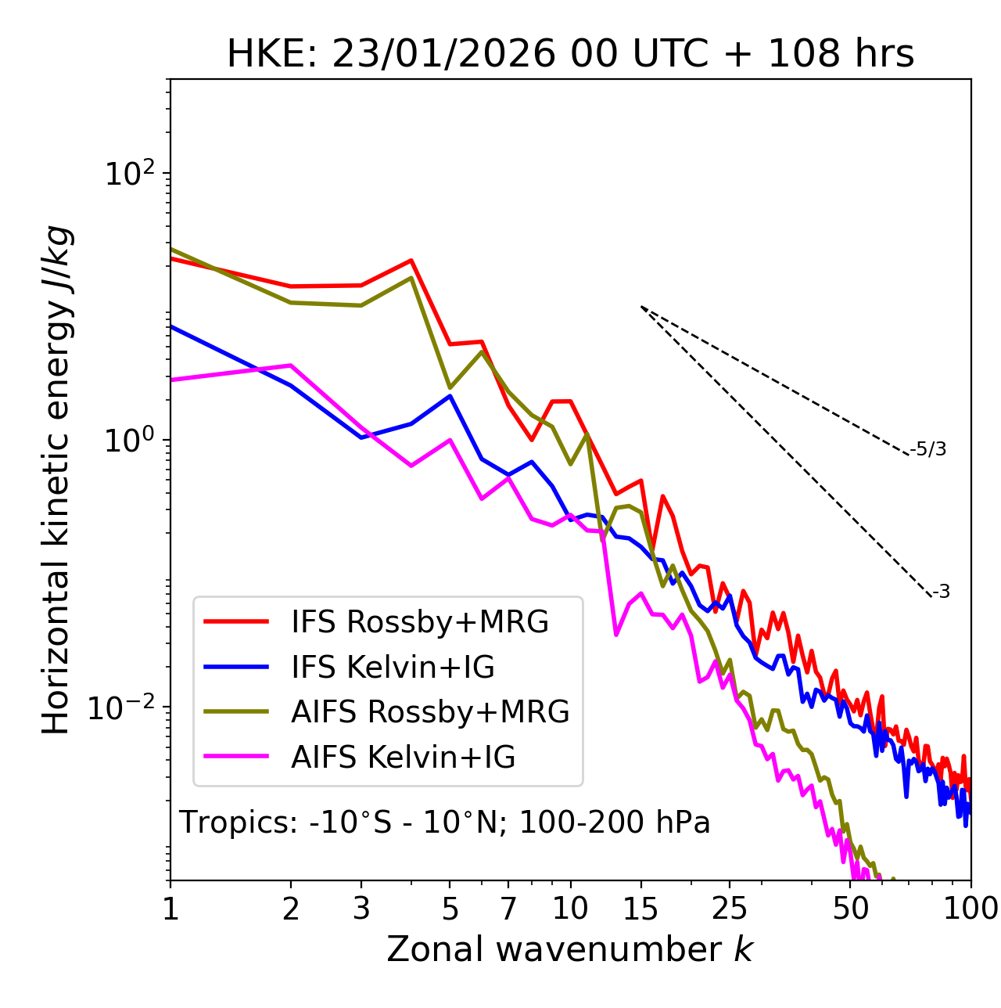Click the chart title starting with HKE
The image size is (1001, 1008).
click(570, 55)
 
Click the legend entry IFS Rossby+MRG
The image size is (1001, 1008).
click(419, 621)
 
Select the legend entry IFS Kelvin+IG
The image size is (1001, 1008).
click(393, 667)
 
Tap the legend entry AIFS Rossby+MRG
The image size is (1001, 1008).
click(429, 711)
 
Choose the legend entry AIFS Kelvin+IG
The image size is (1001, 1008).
click(403, 757)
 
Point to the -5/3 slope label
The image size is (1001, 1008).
click(928, 449)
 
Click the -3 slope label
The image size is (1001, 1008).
click(941, 592)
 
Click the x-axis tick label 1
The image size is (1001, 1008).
click(170, 909)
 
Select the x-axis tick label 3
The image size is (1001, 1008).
click(361, 909)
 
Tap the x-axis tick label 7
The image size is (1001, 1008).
click(508, 909)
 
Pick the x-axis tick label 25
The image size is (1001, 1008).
click(730, 909)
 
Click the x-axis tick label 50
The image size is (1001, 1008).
click(851, 909)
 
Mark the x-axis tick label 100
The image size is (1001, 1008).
click(971, 909)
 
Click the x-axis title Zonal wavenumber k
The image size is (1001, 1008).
click(570, 949)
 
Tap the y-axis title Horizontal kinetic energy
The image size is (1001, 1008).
click(57, 480)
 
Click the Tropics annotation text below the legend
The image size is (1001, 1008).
click(444, 823)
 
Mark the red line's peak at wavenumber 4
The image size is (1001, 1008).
click(411, 261)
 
